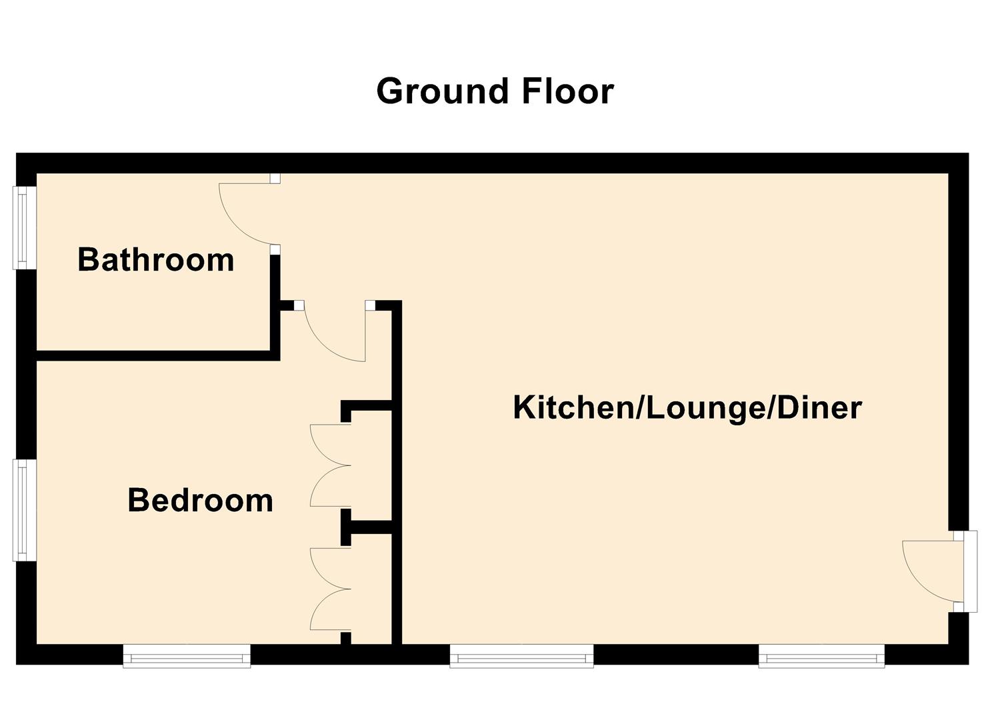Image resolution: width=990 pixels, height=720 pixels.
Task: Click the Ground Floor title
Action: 495,91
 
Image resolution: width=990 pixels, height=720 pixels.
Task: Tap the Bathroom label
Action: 155,259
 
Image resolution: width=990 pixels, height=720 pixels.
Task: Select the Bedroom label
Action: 200,500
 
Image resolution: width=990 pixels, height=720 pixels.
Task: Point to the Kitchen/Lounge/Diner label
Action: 687,407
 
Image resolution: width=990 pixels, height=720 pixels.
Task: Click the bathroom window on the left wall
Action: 24,228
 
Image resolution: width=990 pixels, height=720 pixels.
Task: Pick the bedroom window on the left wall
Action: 24,511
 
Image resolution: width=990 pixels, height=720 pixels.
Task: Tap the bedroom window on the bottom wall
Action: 187,655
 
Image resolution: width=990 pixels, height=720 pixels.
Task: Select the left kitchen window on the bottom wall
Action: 521,655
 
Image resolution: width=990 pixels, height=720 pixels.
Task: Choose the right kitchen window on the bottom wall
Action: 821,655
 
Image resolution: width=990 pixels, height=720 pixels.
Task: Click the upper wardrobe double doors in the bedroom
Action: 330,465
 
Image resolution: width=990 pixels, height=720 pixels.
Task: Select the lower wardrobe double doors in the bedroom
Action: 330,589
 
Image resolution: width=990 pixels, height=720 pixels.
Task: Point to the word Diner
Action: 819,407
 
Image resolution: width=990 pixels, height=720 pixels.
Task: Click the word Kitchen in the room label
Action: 573,407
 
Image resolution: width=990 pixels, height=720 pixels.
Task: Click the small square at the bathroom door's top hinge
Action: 275,179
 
